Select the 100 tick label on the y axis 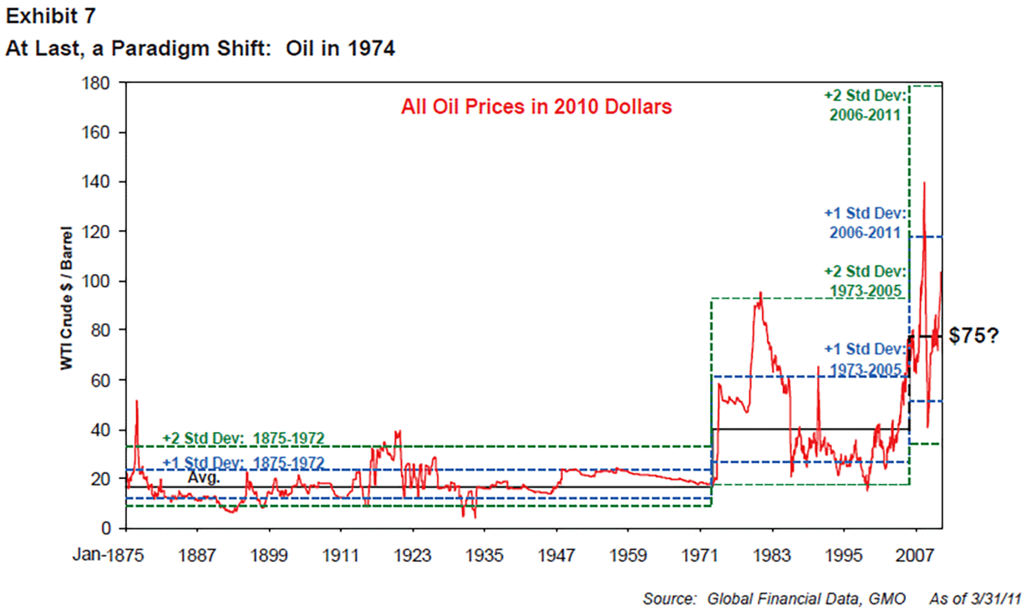click(x=103, y=281)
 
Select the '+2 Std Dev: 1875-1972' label click(x=243, y=438)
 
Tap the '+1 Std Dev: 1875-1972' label click(x=243, y=462)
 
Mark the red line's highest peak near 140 click(x=923, y=182)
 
